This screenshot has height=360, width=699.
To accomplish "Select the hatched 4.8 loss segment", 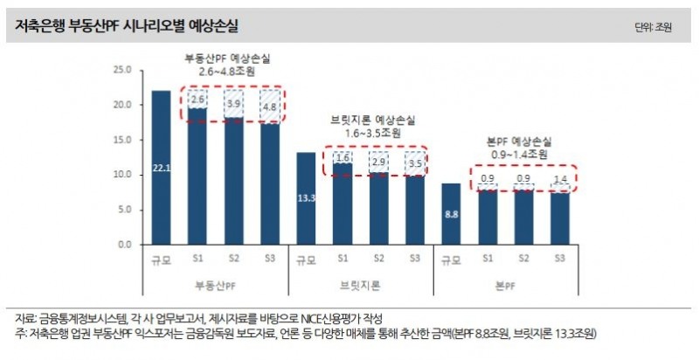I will point(271,107).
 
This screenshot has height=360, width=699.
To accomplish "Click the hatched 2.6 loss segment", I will point(197,100).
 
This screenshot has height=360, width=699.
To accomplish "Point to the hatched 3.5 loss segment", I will point(414,163).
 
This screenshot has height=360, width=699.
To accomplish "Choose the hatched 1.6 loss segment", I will point(343,157).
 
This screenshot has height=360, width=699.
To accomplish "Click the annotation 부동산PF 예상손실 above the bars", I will point(226,59).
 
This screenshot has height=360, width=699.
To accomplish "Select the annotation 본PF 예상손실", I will point(519,141).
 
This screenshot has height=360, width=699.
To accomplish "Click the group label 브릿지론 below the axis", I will point(360,285).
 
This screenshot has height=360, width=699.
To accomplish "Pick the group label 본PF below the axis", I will point(505,285).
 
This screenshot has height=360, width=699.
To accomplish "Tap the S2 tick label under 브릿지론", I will point(378,259).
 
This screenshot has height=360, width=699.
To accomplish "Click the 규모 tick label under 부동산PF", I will point(161,260).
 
